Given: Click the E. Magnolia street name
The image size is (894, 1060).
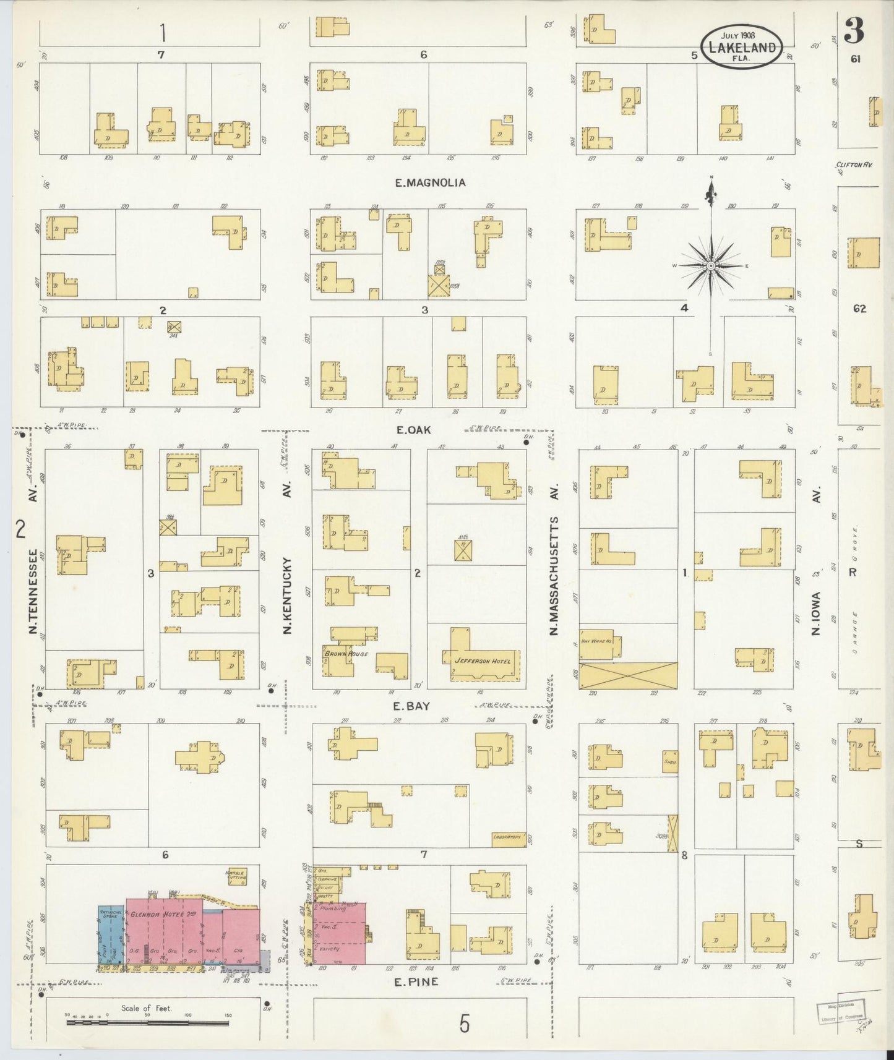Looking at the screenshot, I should [431, 182].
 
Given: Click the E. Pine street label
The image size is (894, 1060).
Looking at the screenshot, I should [416, 981].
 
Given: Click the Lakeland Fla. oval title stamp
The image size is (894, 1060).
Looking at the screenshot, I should [741, 46].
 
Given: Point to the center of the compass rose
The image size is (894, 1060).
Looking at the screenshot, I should [711, 266].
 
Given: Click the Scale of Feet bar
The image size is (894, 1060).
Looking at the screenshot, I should [147, 1022].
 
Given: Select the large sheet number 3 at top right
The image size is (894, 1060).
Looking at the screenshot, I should [854, 30].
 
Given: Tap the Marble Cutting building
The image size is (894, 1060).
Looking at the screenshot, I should [236, 876].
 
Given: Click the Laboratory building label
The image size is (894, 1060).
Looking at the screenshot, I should [509, 839].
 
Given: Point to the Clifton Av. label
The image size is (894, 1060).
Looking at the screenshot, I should [853, 165].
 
